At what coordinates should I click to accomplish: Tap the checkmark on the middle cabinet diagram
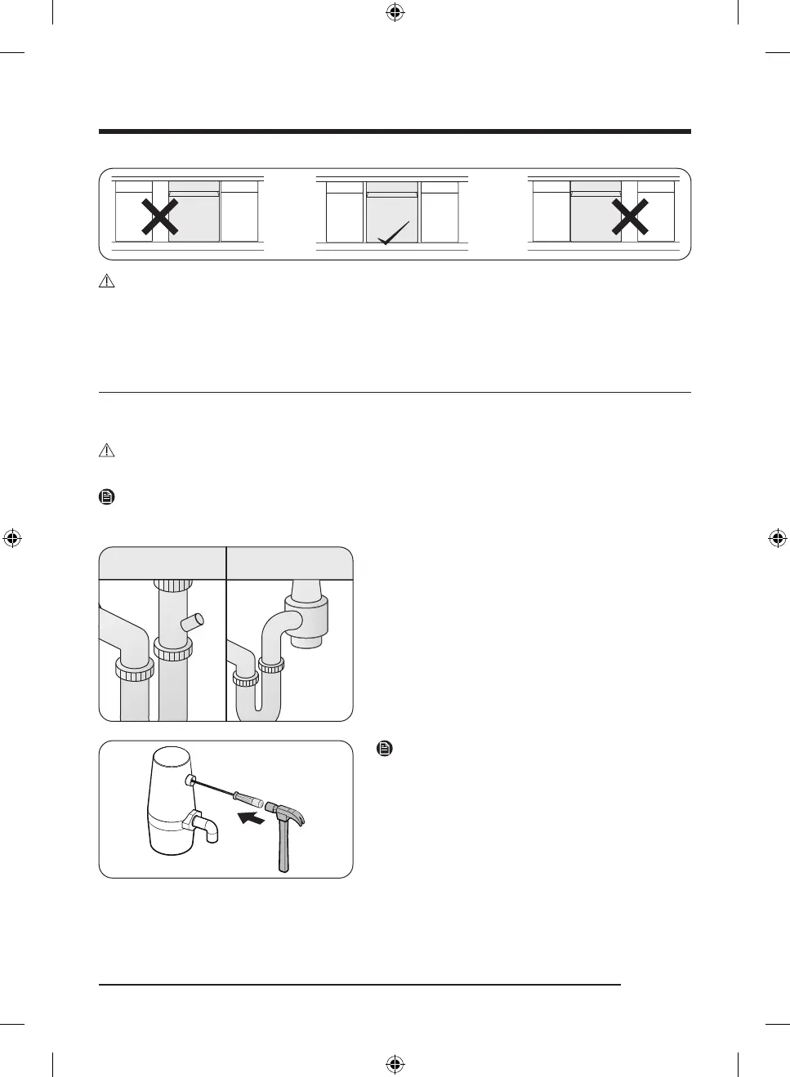pyautogui.click(x=394, y=234)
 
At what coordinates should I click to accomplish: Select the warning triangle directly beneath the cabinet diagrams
pyautogui.click(x=106, y=281)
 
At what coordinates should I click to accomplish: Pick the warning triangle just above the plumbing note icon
pyautogui.click(x=106, y=450)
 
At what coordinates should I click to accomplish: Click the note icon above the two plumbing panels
pyautogui.click(x=106, y=496)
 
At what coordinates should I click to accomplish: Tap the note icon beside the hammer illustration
pyautogui.click(x=384, y=748)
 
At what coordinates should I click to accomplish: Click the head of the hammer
pyautogui.click(x=288, y=813)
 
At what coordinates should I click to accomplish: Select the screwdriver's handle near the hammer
pyautogui.click(x=248, y=799)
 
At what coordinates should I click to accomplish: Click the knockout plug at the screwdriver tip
pyautogui.click(x=190, y=781)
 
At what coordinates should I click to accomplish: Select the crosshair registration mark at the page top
pyautogui.click(x=395, y=12)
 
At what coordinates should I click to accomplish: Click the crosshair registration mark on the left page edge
pyautogui.click(x=12, y=538)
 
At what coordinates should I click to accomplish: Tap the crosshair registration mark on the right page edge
pyautogui.click(x=777, y=538)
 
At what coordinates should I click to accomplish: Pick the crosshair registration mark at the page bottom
pyautogui.click(x=395, y=1064)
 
